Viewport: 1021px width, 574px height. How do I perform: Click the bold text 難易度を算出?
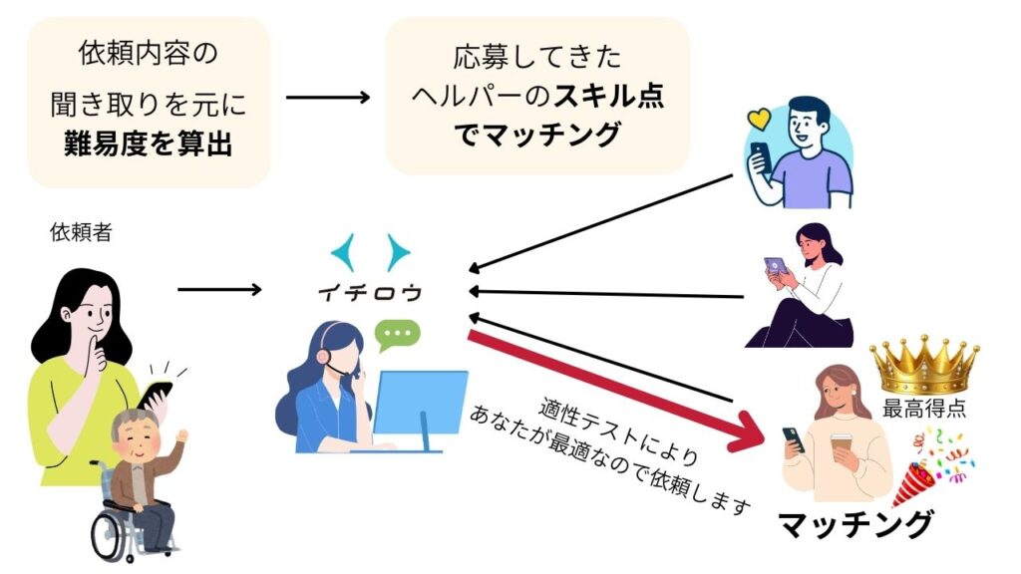click(148, 144)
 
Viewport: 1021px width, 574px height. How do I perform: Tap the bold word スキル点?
click(609, 97)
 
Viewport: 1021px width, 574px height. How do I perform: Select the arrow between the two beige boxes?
click(328, 98)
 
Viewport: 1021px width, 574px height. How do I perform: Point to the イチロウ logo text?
click(369, 294)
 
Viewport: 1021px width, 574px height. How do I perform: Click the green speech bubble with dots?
click(398, 333)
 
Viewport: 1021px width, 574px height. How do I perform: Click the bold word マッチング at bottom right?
click(854, 522)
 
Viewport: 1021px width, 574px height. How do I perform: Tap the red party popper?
click(914, 485)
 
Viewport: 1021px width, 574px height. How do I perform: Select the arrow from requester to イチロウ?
click(218, 290)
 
